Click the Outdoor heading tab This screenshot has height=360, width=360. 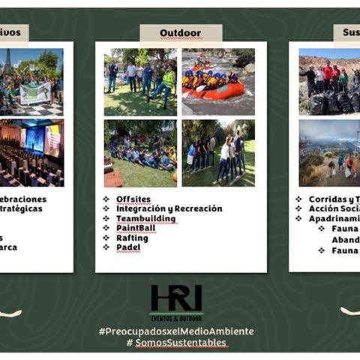(180, 33)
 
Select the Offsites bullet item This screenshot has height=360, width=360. (133, 199)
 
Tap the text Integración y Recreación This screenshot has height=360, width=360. (169, 208)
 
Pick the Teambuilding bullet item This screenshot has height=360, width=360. (145, 218)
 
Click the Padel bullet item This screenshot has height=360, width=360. (128, 247)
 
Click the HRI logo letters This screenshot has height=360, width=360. (175, 297)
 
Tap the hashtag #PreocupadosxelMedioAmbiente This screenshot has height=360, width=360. (176, 331)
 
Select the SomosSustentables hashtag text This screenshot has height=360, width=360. (180, 343)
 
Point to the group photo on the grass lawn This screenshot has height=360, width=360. (140, 81)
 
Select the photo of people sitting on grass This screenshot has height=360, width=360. (140, 153)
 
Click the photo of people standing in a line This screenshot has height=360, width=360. (217, 153)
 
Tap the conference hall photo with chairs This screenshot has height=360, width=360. (31, 153)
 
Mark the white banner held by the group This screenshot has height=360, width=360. (35, 93)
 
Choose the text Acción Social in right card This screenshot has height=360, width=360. (328, 208)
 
